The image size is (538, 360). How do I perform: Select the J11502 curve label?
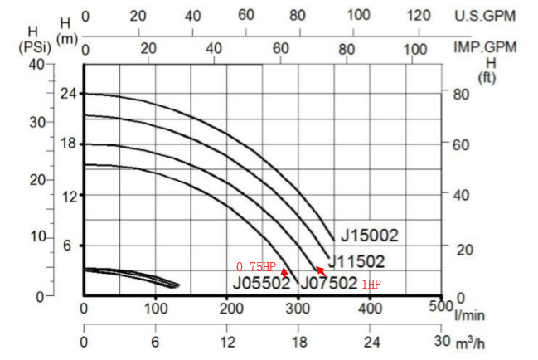click(x=358, y=262)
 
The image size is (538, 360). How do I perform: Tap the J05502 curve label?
click(x=261, y=283)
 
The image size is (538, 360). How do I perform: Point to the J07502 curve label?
click(x=329, y=283)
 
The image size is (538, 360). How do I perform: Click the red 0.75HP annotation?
click(x=255, y=267)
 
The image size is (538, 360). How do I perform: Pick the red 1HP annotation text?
click(x=371, y=284)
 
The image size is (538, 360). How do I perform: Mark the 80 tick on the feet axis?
click(x=460, y=94)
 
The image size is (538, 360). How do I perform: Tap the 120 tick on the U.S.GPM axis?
click(x=420, y=15)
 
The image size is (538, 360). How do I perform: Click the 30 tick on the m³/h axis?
click(x=438, y=342)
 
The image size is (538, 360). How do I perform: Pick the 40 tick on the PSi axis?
click(x=36, y=65)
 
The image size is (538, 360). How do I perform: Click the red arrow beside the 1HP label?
click(x=321, y=270)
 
